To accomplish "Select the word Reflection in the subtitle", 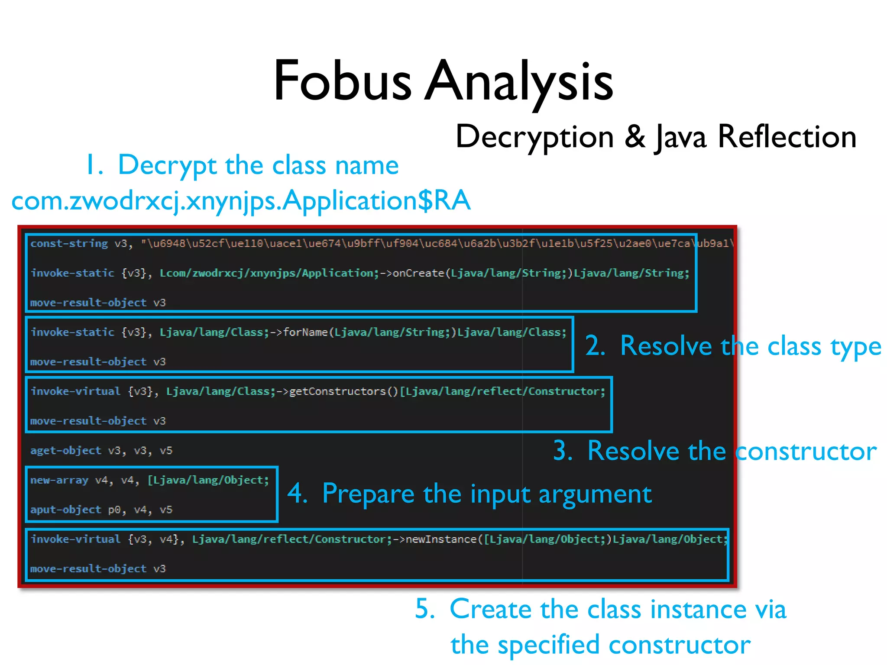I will (x=787, y=136).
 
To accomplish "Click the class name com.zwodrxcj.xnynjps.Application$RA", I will (x=241, y=201).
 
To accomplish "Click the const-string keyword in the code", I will (x=69, y=243).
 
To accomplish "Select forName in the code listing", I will (x=305, y=332).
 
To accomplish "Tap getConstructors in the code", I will (x=337, y=391).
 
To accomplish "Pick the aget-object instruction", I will (x=65, y=450).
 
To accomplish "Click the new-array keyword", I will (x=59, y=480).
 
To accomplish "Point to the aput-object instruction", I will (x=65, y=510).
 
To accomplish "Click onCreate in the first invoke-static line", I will (x=418, y=273).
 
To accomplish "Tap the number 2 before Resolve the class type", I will (x=595, y=346).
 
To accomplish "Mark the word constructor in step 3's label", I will (x=806, y=452).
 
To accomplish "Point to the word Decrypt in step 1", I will (x=167, y=165).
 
